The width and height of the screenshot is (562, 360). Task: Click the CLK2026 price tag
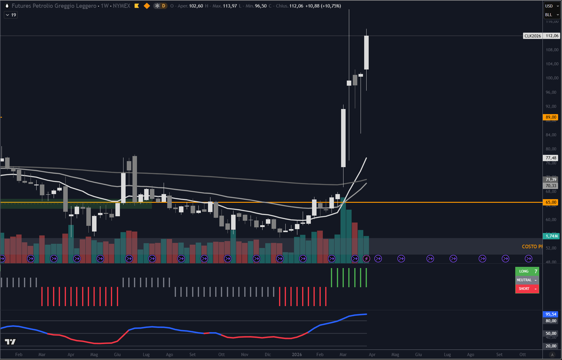(533, 36)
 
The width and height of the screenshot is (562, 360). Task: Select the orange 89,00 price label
(551, 117)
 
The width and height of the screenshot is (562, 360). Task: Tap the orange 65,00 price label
(551, 202)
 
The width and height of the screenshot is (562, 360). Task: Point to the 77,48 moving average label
(551, 158)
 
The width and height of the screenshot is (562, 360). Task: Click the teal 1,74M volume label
(552, 236)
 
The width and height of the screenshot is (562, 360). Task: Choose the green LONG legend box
(527, 271)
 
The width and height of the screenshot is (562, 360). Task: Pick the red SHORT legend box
(527, 289)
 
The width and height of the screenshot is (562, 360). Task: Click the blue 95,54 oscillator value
(551, 314)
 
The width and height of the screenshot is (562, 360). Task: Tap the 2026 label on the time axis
(297, 355)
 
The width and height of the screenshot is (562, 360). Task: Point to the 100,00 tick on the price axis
(552, 78)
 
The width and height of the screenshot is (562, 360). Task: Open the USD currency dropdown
(552, 6)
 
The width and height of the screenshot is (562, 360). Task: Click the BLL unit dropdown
(552, 15)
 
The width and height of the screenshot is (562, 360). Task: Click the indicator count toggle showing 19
(11, 15)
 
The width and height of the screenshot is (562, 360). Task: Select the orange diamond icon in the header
(147, 6)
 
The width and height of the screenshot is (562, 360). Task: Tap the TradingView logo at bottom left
(10, 341)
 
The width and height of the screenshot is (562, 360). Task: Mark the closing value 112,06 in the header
(296, 6)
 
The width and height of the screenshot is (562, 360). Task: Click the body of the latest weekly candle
(366, 52)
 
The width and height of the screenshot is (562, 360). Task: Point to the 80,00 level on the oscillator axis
(551, 321)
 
